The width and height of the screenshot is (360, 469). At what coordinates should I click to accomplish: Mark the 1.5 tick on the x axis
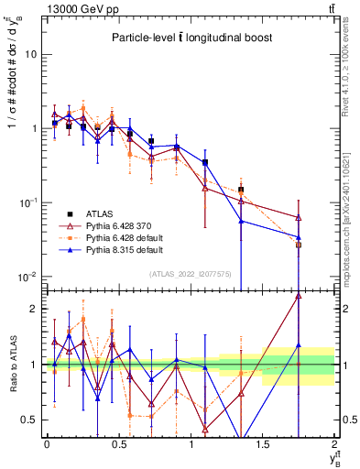tap(264, 444)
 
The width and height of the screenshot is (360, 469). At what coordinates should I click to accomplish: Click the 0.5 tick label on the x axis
tap(118, 444)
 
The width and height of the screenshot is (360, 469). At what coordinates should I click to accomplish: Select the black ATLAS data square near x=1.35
tap(241, 191)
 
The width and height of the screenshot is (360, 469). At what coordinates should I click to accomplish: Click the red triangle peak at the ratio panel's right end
tap(299, 296)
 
